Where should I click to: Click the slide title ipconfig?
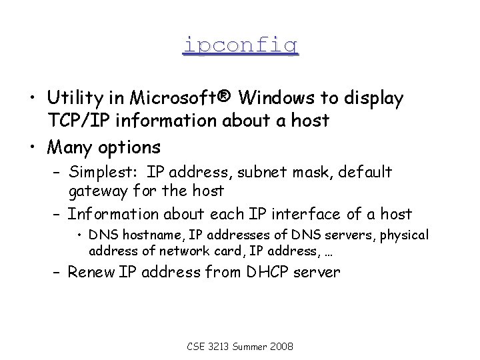pos(240,45)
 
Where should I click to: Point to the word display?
pos(374,99)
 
